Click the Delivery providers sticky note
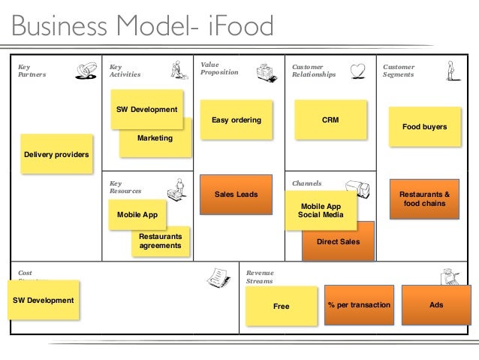click(x=56, y=154)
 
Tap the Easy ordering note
click(x=236, y=119)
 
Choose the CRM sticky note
click(x=330, y=119)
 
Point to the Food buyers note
click(x=424, y=127)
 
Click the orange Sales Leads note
click(x=236, y=194)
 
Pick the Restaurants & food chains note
click(x=424, y=198)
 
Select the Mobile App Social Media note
click(x=321, y=210)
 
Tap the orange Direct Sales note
click(x=339, y=242)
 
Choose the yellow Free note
click(x=281, y=306)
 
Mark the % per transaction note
click(x=359, y=305)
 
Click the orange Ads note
click(x=436, y=305)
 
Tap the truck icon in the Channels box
click(x=357, y=189)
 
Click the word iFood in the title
click(x=238, y=27)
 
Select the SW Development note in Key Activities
click(x=146, y=109)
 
